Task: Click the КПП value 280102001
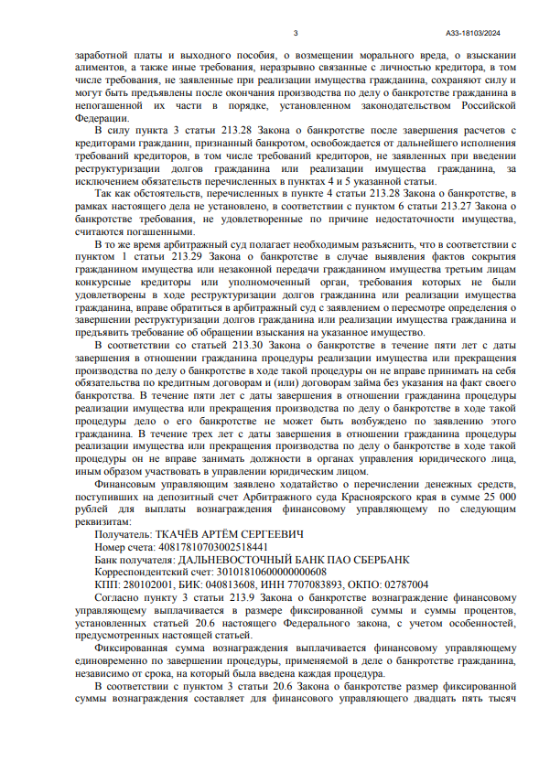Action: pyautogui.click(x=143, y=583)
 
